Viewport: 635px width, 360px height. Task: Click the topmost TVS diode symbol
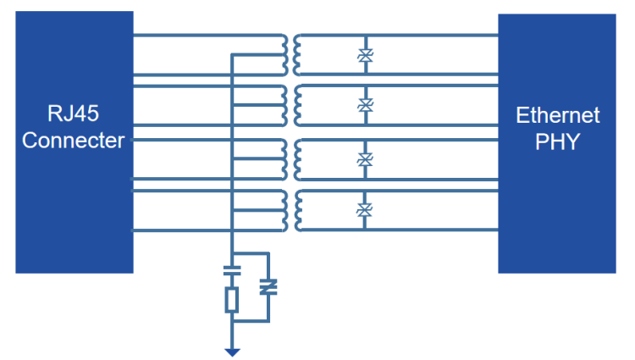point(366,56)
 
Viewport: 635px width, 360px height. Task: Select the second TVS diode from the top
point(366,106)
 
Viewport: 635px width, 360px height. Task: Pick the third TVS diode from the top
point(366,158)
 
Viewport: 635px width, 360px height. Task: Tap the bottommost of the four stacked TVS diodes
point(366,209)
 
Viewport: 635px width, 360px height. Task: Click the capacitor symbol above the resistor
point(231,273)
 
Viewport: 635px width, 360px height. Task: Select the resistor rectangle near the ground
point(231,299)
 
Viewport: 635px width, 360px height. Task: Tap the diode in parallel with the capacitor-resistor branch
point(268,288)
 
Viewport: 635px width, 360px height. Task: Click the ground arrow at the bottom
point(231,352)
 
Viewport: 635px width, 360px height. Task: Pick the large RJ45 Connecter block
point(75,212)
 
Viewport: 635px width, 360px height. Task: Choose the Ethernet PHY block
point(557,212)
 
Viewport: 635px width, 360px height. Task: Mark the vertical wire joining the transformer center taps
point(232,169)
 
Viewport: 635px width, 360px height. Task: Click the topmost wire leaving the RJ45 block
point(203,36)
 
